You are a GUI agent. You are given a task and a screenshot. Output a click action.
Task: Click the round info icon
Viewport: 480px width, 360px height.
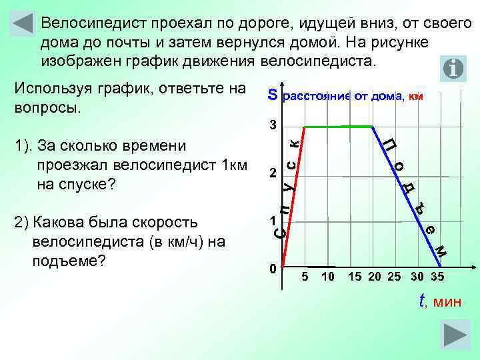(453, 68)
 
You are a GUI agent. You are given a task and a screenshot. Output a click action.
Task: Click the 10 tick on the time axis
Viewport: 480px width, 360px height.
(327, 277)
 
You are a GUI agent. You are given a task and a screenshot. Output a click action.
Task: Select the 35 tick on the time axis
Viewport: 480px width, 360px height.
(437, 277)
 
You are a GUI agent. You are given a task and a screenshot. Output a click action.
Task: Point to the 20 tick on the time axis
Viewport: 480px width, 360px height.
(375, 277)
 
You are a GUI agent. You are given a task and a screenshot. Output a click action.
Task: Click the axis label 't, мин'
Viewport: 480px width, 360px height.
(440, 301)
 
